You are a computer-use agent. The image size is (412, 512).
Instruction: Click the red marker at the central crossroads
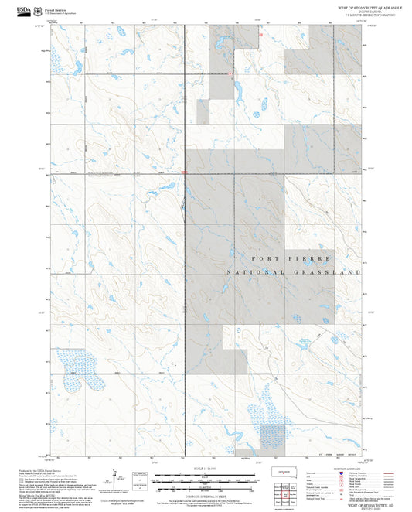pos(184,172)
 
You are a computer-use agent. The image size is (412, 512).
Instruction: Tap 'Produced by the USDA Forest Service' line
pos(39,469)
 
